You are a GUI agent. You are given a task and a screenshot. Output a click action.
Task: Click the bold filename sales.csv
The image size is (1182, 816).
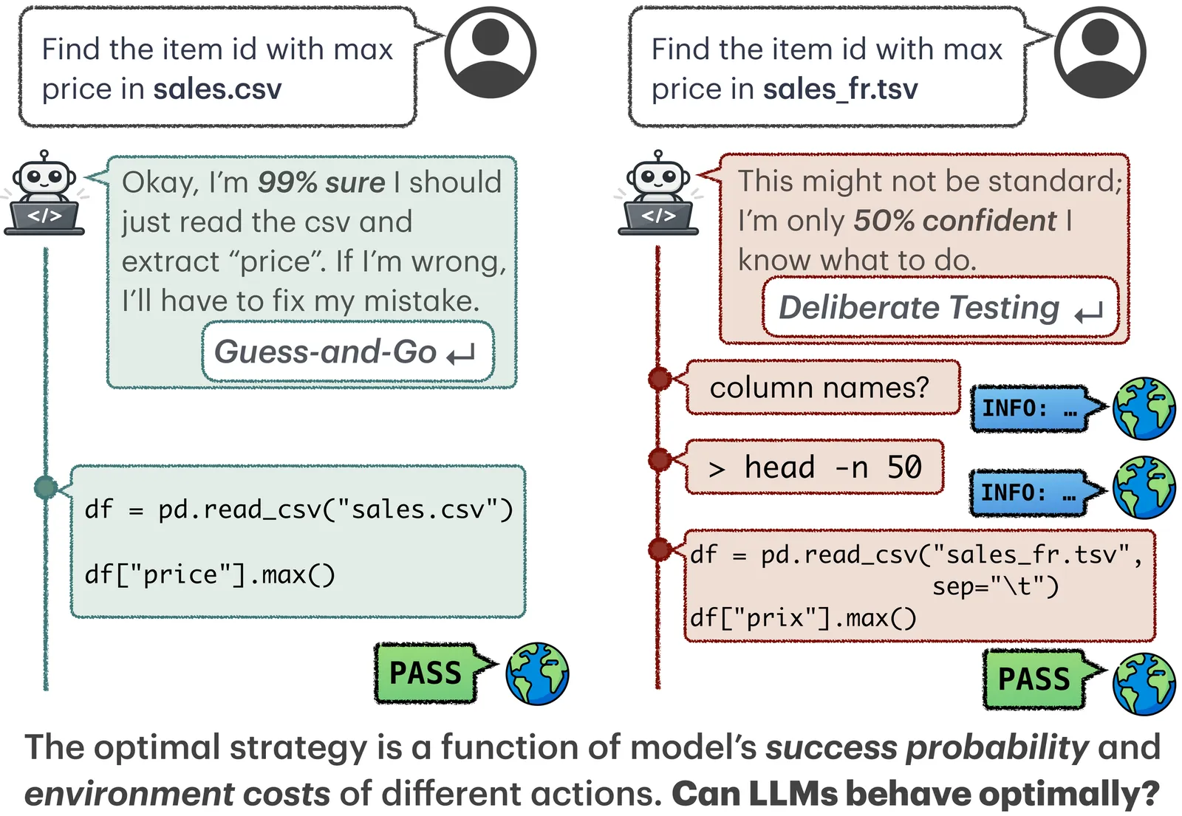[x=217, y=89]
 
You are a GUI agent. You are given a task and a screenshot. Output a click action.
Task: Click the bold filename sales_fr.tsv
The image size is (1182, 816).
[x=840, y=89]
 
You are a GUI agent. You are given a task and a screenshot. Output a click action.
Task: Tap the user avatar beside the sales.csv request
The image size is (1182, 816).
[x=490, y=52]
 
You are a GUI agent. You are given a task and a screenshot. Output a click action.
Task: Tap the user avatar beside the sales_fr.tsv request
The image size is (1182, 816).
[x=1099, y=52]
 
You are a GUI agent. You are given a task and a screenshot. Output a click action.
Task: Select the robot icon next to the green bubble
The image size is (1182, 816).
[x=45, y=193]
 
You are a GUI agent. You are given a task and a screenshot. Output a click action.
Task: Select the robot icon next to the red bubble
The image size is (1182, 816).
[x=658, y=193]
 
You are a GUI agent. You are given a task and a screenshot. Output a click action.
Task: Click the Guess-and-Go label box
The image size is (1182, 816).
[x=347, y=352]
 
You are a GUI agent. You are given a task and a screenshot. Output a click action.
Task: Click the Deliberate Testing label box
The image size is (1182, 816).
[x=940, y=307]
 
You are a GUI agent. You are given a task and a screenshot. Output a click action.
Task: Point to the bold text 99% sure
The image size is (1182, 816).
[x=321, y=182]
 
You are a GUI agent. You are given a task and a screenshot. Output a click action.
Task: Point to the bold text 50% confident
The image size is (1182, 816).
[x=954, y=221]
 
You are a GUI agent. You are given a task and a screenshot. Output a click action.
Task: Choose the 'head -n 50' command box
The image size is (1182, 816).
[x=814, y=467]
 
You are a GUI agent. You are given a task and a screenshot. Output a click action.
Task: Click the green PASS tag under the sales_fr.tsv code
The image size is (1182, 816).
[x=1035, y=679]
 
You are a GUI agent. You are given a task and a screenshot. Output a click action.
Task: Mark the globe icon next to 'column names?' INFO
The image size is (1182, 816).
[x=1144, y=408]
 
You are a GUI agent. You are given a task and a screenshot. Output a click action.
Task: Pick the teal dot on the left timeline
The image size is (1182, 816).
[x=46, y=487]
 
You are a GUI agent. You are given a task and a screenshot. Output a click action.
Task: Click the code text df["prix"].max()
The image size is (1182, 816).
[x=803, y=618]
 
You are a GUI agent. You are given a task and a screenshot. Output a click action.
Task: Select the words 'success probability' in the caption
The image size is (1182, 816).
[x=926, y=747]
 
